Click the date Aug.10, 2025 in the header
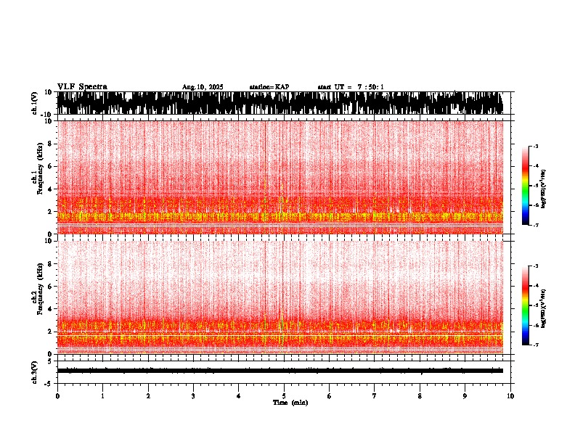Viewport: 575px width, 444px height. (203, 87)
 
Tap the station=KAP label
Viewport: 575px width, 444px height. (269, 87)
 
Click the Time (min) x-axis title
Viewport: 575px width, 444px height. (290, 403)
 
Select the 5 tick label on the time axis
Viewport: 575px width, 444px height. (284, 396)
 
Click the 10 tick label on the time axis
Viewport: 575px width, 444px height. (510, 396)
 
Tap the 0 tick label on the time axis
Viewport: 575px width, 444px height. (57, 396)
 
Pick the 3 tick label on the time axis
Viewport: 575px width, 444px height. (193, 396)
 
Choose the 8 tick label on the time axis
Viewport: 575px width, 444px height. (420, 396)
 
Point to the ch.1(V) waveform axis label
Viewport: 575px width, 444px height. (35, 103)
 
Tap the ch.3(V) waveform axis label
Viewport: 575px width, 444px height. (35, 371)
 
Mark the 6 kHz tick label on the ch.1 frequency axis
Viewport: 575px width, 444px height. (49, 166)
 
